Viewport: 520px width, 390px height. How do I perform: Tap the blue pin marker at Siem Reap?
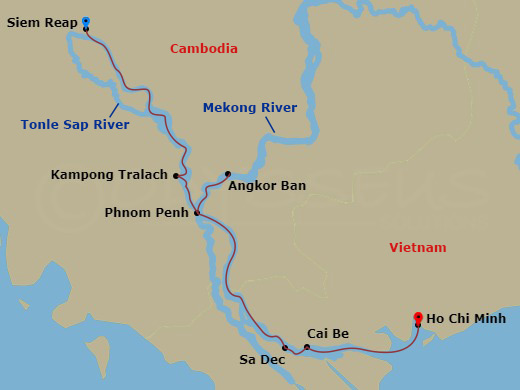pyautogui.click(x=86, y=21)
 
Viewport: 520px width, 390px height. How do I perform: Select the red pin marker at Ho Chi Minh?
pyautogui.click(x=417, y=318)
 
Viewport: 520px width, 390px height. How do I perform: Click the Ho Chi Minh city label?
pyautogui.click(x=466, y=319)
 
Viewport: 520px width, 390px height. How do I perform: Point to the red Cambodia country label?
pyautogui.click(x=203, y=48)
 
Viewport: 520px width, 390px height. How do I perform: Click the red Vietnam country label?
pyautogui.click(x=418, y=247)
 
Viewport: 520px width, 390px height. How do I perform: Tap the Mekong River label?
pyautogui.click(x=249, y=107)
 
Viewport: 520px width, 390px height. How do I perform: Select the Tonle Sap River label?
pyautogui.click(x=75, y=125)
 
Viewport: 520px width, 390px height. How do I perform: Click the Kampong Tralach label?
pyautogui.click(x=109, y=175)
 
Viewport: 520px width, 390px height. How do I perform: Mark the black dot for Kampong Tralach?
pyautogui.click(x=176, y=176)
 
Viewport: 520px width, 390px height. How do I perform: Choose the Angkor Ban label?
pyautogui.click(x=267, y=185)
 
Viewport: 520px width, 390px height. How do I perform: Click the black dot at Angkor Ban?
pyautogui.click(x=228, y=174)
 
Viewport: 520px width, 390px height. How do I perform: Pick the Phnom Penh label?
pyautogui.click(x=146, y=213)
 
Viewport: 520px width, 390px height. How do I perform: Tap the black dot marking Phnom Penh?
pyautogui.click(x=197, y=213)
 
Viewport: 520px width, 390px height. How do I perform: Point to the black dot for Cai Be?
pyautogui.click(x=307, y=347)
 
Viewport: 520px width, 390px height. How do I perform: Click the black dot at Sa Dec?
pyautogui.click(x=285, y=348)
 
